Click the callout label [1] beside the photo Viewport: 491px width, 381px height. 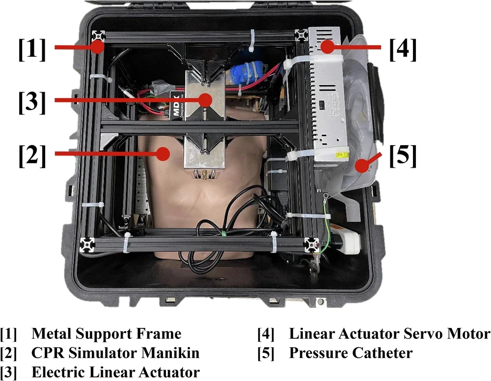click(32, 50)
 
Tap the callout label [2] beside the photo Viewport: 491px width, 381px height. click(32, 156)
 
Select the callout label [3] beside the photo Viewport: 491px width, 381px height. click(32, 102)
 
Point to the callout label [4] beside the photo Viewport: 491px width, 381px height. click(403, 50)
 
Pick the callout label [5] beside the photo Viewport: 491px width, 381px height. click(403, 156)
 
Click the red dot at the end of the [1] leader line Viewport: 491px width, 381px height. click(98, 47)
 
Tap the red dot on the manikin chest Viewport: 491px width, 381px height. click(163, 153)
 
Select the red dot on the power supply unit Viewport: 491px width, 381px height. click(327, 47)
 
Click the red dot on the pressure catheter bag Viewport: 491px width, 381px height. click(362, 165)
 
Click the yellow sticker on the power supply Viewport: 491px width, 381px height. click(342, 155)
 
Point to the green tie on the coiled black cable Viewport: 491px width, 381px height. click(224, 233)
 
